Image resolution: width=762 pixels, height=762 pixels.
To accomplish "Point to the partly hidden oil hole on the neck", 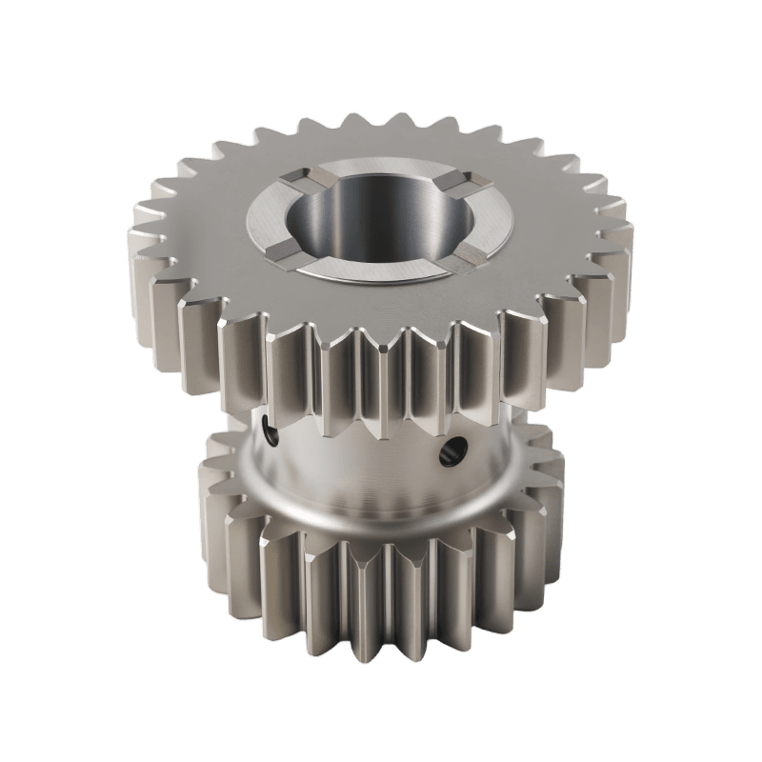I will coord(272,434).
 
